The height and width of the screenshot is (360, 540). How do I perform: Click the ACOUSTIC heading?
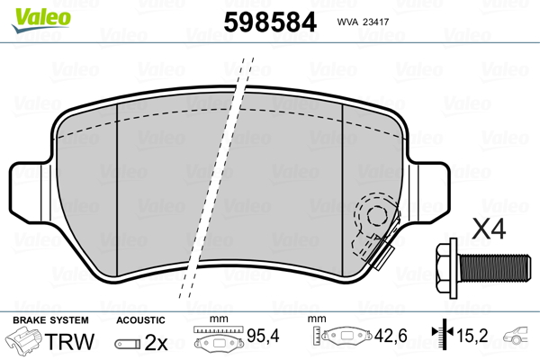click(140, 320)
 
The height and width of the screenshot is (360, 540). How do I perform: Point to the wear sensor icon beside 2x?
click(127, 343)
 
